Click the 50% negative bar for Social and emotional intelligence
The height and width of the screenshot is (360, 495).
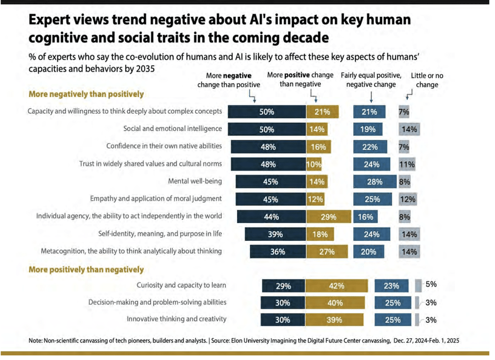pos(267,129)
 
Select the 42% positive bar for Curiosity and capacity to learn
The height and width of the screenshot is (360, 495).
pos(337,286)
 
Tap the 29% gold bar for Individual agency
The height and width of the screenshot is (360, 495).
pos(329,217)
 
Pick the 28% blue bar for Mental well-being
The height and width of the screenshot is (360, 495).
pos(375,181)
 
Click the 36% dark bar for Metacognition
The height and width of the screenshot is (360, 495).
pos(277,251)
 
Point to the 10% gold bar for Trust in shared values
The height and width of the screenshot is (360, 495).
pos(314,164)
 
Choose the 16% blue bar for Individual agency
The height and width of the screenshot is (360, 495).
pos(365,217)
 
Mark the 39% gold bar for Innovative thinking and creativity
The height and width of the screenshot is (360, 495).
pos(334,319)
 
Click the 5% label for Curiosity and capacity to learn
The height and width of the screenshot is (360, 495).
pos(431,284)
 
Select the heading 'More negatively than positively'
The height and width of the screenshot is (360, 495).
pos(87,94)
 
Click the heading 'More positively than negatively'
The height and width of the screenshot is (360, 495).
pos(87,270)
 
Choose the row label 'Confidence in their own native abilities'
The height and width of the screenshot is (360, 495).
pos(164,146)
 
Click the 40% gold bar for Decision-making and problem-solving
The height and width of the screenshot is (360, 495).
pos(335,303)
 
